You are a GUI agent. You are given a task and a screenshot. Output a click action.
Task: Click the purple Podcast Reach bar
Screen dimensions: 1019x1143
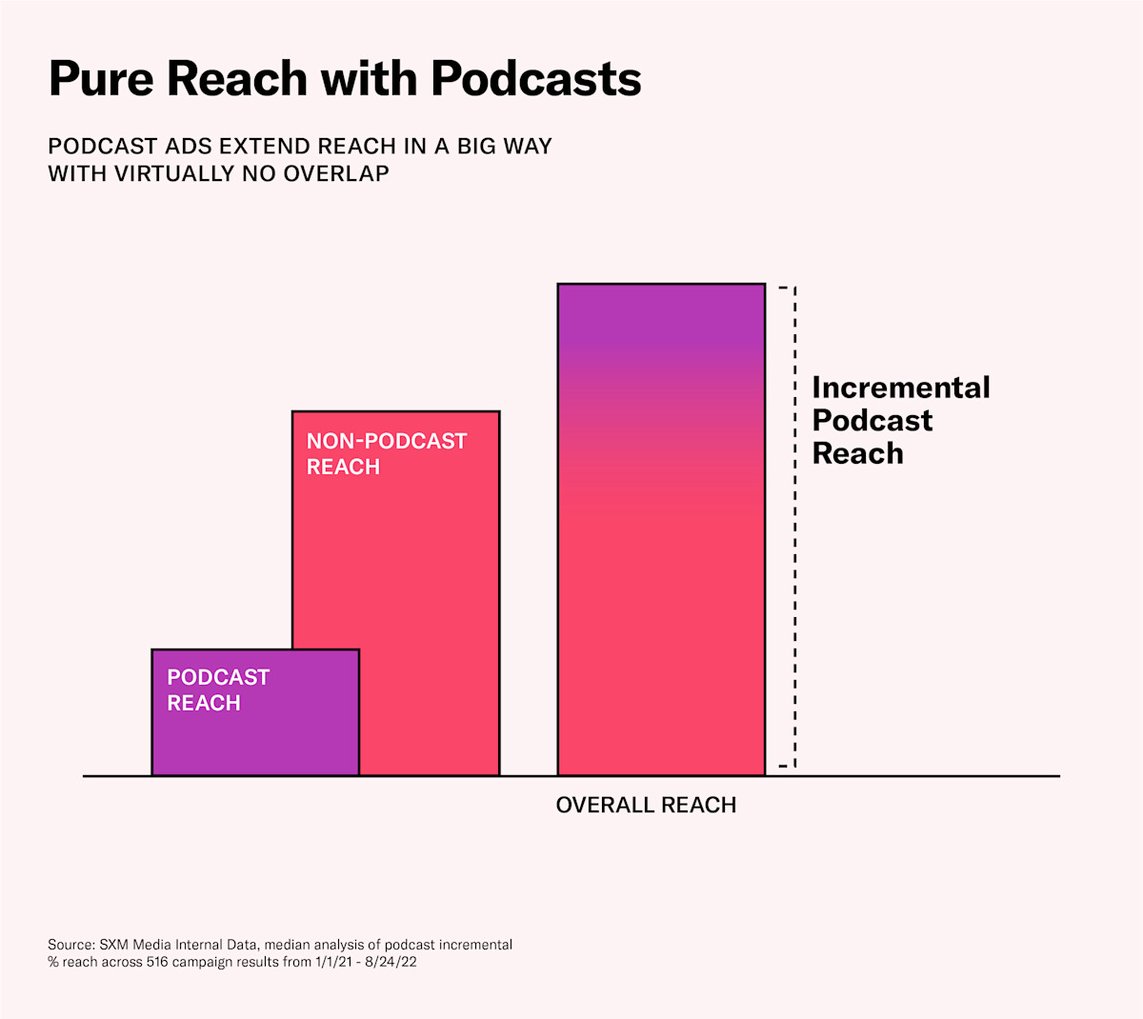255,733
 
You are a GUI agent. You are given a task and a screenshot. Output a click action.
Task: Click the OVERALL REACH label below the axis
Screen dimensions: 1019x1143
646,806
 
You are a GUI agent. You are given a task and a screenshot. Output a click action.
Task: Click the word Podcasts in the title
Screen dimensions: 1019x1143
536,78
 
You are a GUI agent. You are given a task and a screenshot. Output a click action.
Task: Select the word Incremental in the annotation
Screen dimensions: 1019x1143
900,388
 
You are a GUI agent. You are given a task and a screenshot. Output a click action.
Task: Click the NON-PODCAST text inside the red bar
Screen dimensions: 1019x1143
387,441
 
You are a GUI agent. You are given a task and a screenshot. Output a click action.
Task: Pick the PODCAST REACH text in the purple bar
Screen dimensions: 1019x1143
218,690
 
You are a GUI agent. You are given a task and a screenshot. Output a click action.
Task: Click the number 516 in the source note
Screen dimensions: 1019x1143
158,962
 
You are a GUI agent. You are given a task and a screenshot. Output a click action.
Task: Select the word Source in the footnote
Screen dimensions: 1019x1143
70,945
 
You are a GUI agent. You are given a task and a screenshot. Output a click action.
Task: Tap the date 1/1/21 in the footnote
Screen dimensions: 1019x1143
334,962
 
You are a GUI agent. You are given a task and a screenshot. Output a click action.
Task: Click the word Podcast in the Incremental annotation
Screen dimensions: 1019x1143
872,420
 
